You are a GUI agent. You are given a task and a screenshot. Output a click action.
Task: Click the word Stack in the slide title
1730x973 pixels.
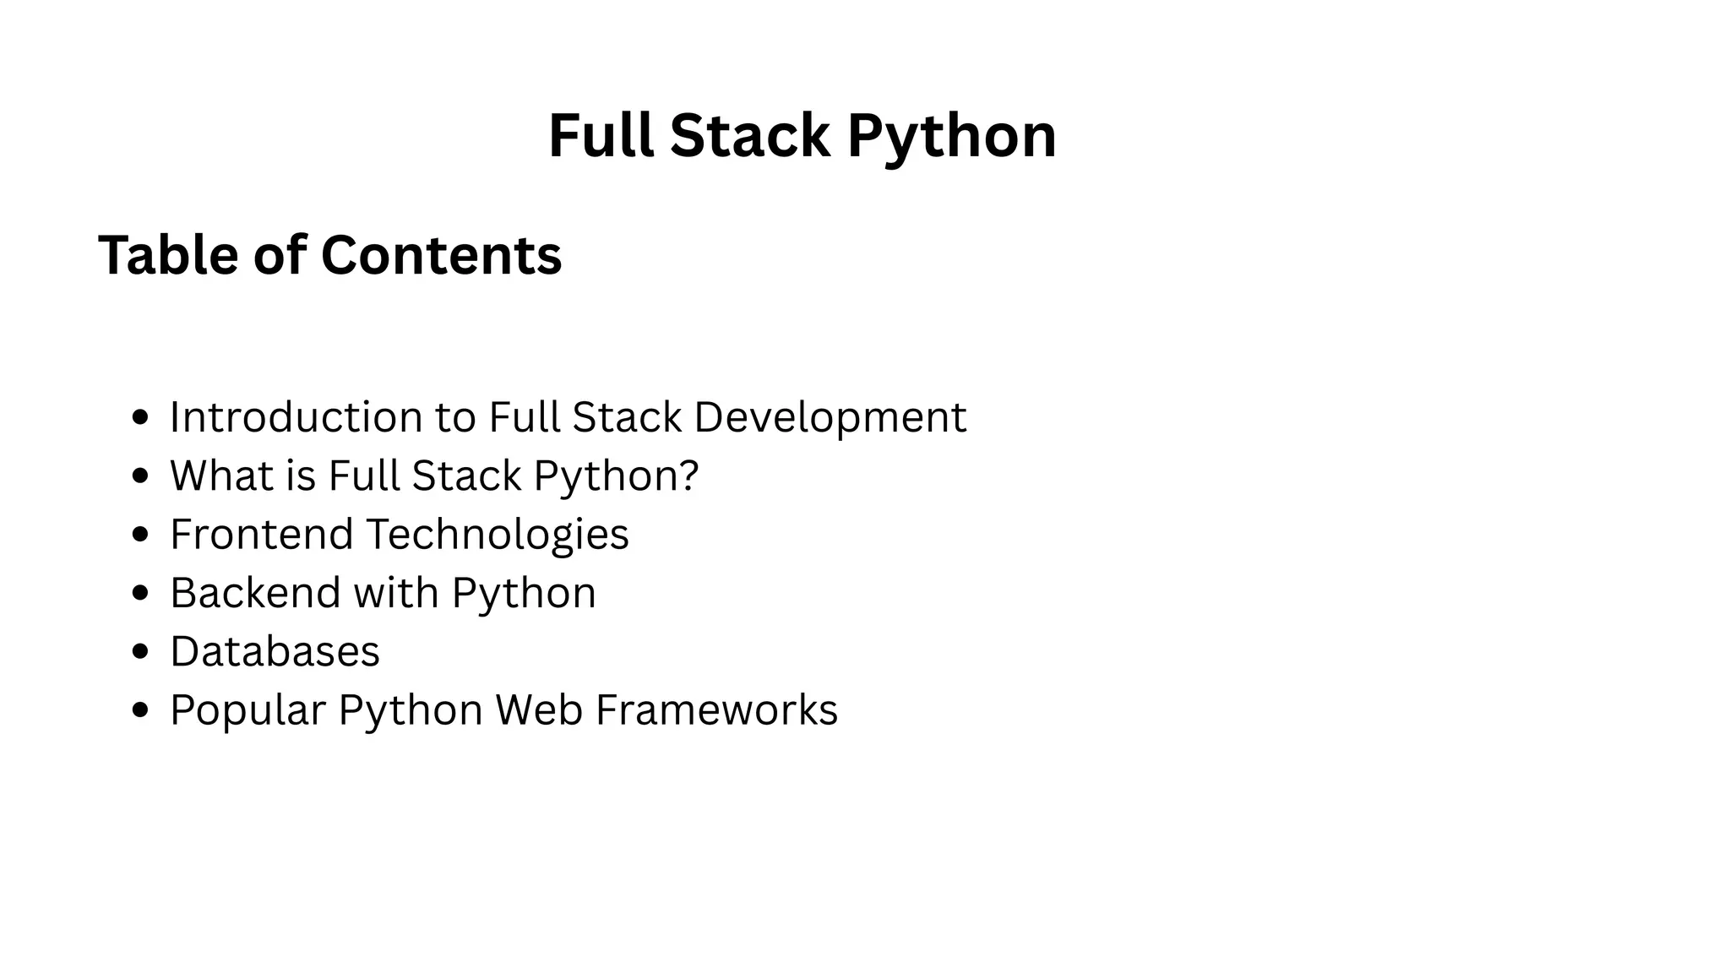click(749, 135)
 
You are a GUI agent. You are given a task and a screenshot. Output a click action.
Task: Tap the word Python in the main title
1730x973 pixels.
click(951, 137)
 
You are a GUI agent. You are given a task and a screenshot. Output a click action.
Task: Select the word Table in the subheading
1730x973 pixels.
click(168, 254)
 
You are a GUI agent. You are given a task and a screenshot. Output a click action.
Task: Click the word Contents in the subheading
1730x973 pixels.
click(441, 254)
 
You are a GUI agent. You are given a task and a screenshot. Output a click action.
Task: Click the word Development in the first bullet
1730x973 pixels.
click(830, 418)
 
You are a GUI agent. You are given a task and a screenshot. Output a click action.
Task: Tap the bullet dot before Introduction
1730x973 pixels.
click(141, 417)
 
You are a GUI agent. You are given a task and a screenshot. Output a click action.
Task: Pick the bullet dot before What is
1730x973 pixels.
click(141, 476)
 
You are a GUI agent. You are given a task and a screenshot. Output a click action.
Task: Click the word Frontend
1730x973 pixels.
click(261, 534)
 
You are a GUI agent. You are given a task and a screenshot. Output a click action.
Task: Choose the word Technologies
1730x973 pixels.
click(498, 535)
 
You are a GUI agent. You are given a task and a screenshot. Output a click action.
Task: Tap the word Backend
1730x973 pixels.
click(255, 592)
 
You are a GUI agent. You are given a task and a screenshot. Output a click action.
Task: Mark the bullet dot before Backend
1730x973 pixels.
click(141, 593)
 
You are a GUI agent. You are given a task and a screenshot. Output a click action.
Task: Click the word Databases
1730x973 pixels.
click(275, 651)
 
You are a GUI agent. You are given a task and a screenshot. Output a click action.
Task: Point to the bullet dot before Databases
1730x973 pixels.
click(141, 652)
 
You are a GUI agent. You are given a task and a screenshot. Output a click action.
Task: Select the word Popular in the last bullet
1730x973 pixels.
click(248, 709)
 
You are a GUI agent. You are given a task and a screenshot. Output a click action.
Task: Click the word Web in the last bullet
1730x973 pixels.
click(539, 709)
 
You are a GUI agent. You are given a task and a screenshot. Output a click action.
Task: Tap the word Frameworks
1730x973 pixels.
click(716, 709)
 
